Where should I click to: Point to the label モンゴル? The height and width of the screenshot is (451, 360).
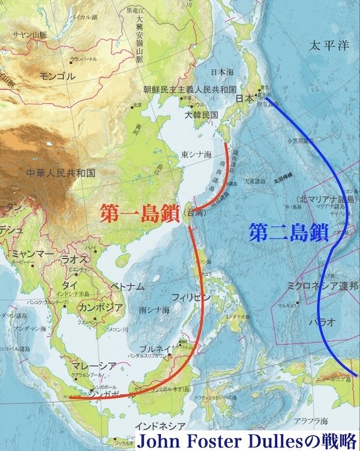[57, 76]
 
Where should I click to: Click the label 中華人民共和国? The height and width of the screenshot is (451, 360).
[61, 173]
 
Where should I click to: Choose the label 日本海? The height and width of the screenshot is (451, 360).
[223, 71]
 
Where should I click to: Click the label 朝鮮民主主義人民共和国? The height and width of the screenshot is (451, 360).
[189, 89]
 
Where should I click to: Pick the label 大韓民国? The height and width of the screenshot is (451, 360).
[201, 114]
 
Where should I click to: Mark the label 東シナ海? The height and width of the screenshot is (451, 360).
[197, 154]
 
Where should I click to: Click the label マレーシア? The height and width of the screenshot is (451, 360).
[86, 366]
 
